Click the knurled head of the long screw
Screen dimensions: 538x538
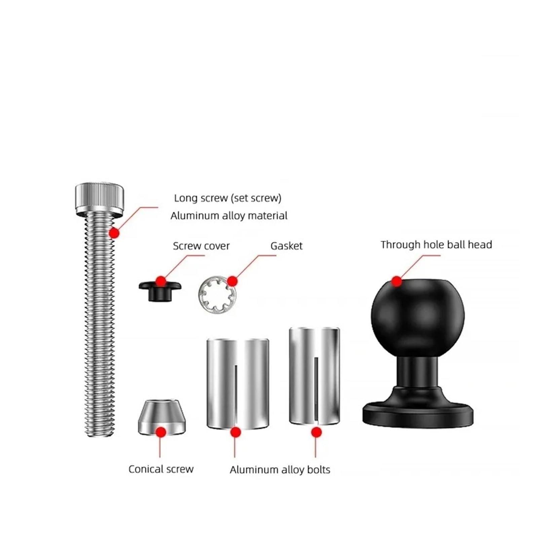click(x=99, y=199)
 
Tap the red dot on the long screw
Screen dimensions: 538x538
click(x=114, y=233)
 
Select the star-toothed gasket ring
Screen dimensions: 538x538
click(x=217, y=293)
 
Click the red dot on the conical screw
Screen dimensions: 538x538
click(x=161, y=432)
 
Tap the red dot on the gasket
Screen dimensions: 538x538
click(x=232, y=281)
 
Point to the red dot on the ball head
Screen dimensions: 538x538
click(x=397, y=281)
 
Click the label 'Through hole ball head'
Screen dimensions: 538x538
click(x=436, y=244)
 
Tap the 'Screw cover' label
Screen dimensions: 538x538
click(x=201, y=246)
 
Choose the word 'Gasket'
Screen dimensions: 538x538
click(x=286, y=246)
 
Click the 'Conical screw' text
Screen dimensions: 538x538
click(x=161, y=469)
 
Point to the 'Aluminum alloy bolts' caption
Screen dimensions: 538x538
click(x=280, y=469)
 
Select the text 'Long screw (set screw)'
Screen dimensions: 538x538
click(x=228, y=198)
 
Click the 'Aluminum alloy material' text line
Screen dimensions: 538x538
click(x=229, y=216)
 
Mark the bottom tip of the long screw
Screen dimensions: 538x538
click(x=99, y=436)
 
